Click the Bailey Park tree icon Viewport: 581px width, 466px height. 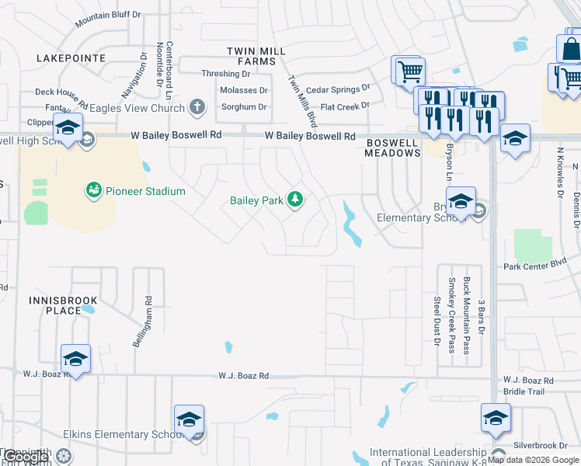pos(294,200)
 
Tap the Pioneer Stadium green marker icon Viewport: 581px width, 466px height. pos(94,190)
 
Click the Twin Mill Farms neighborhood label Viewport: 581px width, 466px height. pos(256,55)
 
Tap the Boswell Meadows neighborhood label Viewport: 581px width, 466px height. pos(393,148)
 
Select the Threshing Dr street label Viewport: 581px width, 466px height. pos(226,74)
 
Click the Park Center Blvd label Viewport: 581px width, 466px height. pos(535,266)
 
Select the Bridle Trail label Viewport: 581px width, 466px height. pos(524,393)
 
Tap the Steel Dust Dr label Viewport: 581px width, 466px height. pos(437,319)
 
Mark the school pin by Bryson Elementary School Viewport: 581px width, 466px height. pos(461,202)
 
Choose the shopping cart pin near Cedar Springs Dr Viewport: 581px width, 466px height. pos(409,72)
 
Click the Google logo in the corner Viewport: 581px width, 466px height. pos(26,457)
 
